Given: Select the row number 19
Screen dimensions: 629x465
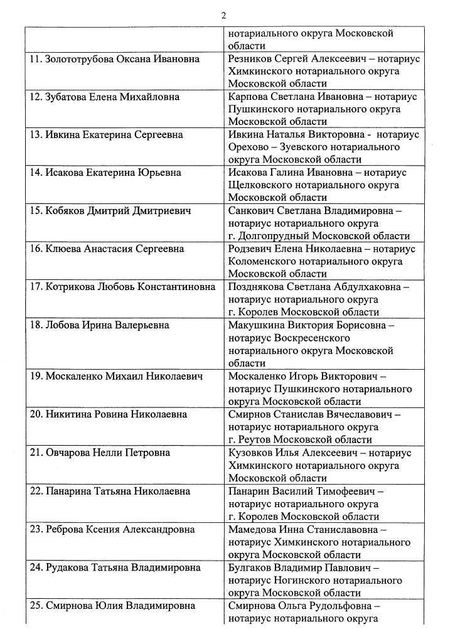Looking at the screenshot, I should (36, 376).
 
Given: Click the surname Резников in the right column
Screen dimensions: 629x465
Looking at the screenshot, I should (253, 58).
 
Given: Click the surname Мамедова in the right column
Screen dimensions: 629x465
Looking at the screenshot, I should (255, 529).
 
